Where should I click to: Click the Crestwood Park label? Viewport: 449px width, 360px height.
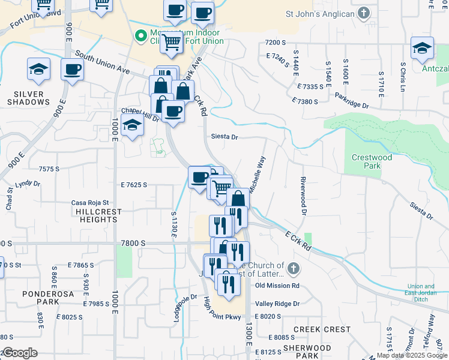pos(372,161)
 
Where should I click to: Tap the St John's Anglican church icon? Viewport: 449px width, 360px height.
pos(364,13)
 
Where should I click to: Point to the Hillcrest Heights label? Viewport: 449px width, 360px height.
pos(96,215)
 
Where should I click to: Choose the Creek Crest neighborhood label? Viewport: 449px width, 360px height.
pos(322,329)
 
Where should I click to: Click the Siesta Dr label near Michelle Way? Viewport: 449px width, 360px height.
pos(224,137)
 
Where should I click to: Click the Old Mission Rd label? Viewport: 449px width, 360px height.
pos(277,286)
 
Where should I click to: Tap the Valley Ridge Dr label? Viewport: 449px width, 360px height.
pos(277,304)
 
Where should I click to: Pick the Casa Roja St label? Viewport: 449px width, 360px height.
pos(89,203)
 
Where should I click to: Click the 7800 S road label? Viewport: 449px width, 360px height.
pos(133,243)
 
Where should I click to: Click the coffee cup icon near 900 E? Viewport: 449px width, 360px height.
pos(72,70)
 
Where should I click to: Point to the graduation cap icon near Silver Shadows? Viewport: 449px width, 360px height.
pos(38,69)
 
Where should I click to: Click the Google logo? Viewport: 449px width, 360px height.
pos(20,353)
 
